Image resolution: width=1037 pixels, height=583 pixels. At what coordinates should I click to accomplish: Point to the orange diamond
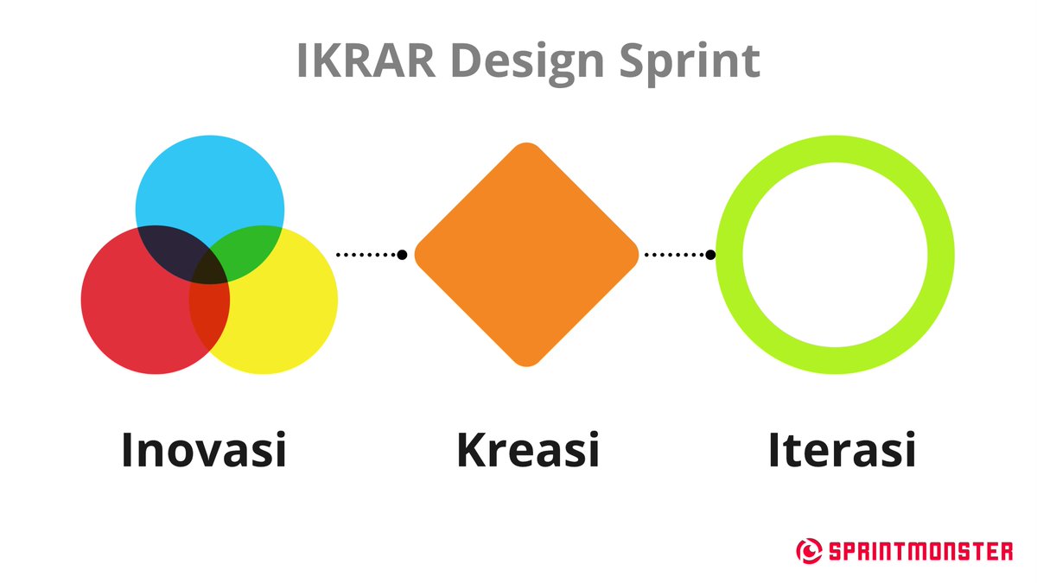pos(526,254)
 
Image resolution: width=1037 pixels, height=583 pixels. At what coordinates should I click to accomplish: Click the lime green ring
pos(835,147)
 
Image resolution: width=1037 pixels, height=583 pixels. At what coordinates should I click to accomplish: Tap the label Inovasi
pos(204,449)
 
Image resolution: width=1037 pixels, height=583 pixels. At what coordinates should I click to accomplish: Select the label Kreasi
pos(527,449)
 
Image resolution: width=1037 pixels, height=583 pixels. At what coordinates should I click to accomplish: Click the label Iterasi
pos(842,449)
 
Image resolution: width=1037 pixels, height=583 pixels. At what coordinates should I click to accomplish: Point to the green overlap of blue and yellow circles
pos(251,250)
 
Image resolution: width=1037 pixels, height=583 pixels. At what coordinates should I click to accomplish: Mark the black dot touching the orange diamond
pos(402,254)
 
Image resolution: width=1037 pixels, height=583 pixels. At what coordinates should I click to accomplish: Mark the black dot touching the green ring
pos(710,254)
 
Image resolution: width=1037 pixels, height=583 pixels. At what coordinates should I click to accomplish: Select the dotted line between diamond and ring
pos(674,254)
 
